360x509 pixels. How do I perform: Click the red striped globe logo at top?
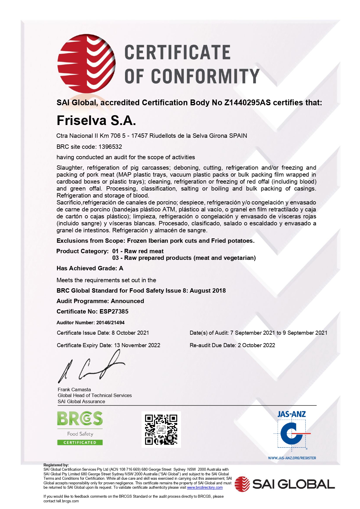pyautogui.click(x=86, y=64)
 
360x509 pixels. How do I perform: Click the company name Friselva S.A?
pyautogui.click(x=96, y=120)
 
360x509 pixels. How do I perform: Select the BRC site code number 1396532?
pyautogui.click(x=110, y=147)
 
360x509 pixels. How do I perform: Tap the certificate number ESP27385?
pyautogui.click(x=114, y=311)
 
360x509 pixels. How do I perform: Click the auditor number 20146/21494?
pyautogui.click(x=110, y=323)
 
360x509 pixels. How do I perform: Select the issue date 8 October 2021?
pyautogui.click(x=130, y=333)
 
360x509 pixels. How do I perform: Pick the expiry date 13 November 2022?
pyautogui.click(x=137, y=345)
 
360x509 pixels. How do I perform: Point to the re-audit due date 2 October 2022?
pyautogui.click(x=256, y=345)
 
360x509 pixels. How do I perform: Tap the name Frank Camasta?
pyautogui.click(x=74, y=390)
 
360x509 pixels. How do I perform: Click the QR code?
pyautogui.click(x=161, y=429)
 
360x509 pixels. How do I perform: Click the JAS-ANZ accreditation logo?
pyautogui.click(x=292, y=432)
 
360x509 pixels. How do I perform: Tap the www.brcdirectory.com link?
pyautogui.click(x=205, y=488)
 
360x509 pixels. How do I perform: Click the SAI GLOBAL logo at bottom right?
pyautogui.click(x=285, y=484)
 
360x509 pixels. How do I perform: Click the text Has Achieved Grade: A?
pyautogui.click(x=90, y=268)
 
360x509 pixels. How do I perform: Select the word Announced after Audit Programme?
pyautogui.click(x=127, y=301)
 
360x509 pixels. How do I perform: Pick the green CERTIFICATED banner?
pyautogui.click(x=80, y=443)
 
